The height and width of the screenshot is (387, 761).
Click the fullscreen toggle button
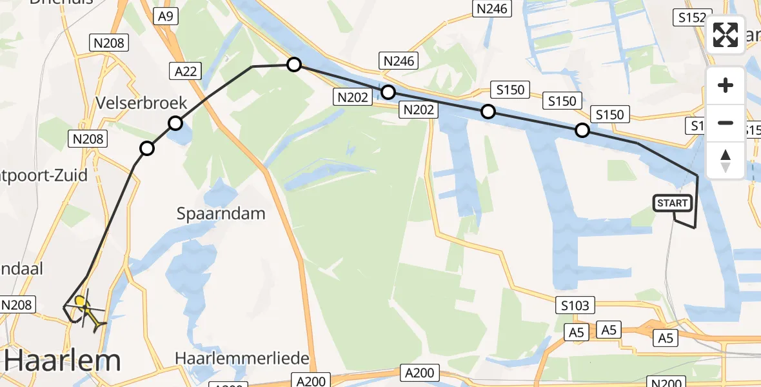(726, 35)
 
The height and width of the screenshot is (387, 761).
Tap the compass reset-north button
(726, 160)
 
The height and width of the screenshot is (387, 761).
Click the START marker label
(673, 203)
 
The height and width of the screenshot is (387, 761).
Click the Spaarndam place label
(221, 213)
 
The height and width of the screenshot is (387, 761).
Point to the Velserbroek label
(141, 103)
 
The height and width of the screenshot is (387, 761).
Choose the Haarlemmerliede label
(242, 358)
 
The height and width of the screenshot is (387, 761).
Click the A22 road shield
(186, 71)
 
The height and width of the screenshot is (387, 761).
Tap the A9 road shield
(164, 17)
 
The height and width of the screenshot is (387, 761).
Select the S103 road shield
(574, 305)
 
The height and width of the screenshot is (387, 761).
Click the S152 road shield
(691, 18)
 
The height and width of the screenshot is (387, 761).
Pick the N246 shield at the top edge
(492, 8)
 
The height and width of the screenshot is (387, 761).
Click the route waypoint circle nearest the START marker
(582, 131)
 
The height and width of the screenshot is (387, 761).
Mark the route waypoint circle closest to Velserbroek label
(175, 123)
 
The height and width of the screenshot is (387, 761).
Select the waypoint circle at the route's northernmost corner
(293, 64)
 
